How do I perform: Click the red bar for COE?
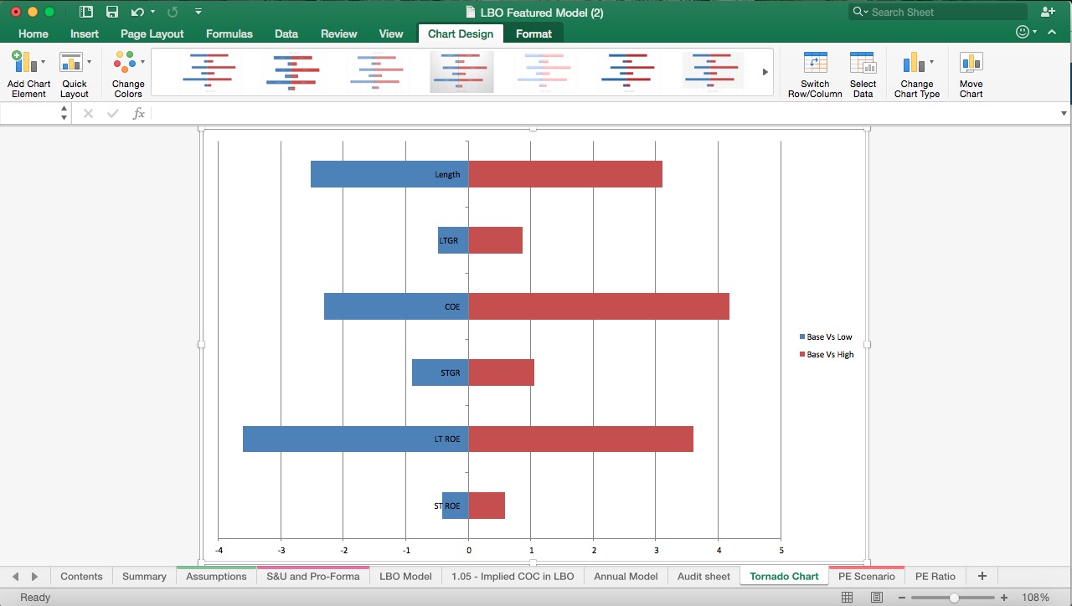(598, 306)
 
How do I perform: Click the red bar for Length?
(565, 174)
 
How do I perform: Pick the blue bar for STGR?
(425, 372)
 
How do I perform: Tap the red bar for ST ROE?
(487, 506)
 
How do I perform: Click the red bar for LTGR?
(495, 240)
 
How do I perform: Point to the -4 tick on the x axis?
(219, 550)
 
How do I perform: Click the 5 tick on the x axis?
(781, 550)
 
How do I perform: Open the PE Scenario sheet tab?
(866, 576)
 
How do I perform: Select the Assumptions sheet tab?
(216, 576)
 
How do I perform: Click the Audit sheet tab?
(703, 576)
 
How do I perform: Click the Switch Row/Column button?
(815, 74)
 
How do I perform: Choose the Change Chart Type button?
(916, 74)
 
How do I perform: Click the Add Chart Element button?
(28, 74)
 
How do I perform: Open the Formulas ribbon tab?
(229, 33)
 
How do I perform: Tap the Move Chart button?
(971, 74)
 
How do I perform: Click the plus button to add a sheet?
(982, 576)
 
